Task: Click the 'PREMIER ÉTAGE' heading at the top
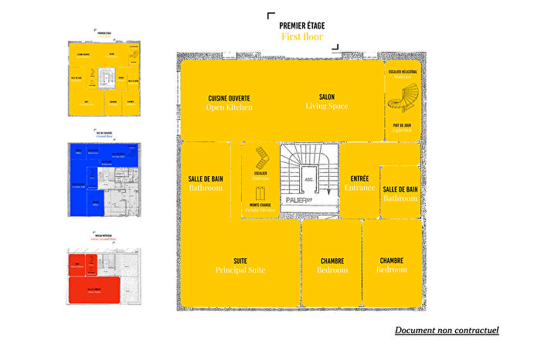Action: (301, 25)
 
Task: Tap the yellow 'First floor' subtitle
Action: (301, 36)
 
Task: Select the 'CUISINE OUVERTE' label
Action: (230, 97)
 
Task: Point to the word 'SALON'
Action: (326, 97)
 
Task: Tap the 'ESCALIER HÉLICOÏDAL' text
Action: (403, 71)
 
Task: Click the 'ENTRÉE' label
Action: (359, 178)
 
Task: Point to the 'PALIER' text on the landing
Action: (295, 200)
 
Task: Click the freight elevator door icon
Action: (260, 192)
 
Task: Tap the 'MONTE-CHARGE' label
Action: (259, 205)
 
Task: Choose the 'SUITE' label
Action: (240, 260)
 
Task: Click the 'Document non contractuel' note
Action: (447, 331)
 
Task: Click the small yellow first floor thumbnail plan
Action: (104, 77)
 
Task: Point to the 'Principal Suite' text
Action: (240, 270)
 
